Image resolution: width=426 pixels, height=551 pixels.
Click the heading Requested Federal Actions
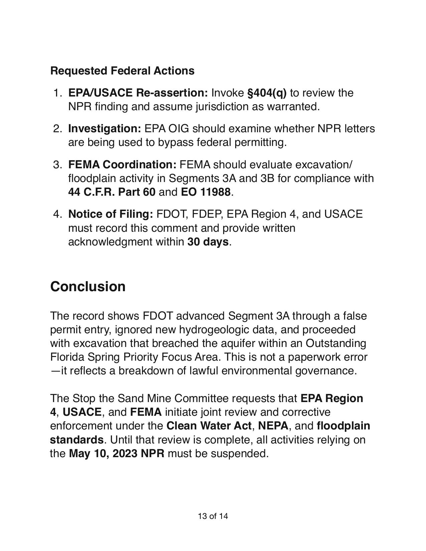pyautogui.click(x=122, y=71)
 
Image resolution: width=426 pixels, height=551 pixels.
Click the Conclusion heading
pyautogui.click(x=88, y=287)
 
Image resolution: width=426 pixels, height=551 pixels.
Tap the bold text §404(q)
pyautogui.click(x=267, y=93)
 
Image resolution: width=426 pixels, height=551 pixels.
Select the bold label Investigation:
pyautogui.click(x=105, y=129)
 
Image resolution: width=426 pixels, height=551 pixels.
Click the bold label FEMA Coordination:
pyautogui.click(x=122, y=165)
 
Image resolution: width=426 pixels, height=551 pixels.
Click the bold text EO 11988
pyautogui.click(x=205, y=192)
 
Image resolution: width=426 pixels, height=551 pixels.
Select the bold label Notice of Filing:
pyautogui.click(x=111, y=214)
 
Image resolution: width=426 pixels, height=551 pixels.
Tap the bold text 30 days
pyautogui.click(x=208, y=241)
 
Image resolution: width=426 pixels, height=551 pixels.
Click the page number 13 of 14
pyautogui.click(x=213, y=516)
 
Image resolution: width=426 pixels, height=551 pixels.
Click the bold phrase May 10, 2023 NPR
pyautogui.click(x=117, y=453)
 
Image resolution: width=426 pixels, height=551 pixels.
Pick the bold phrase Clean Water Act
pyautogui.click(x=209, y=426)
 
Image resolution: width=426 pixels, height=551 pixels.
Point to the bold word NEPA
pyautogui.click(x=273, y=426)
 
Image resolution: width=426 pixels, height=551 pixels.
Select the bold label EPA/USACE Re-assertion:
pyautogui.click(x=138, y=93)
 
